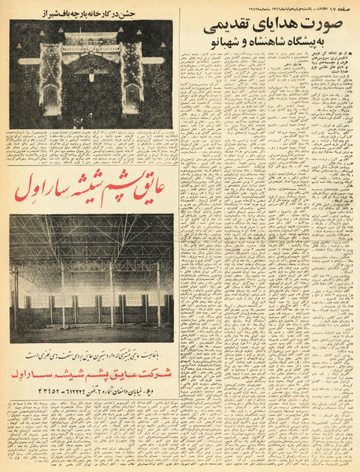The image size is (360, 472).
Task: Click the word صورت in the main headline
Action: [329, 26]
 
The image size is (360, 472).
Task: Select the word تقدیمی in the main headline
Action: [230, 26]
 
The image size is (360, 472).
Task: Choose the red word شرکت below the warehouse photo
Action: [154, 373]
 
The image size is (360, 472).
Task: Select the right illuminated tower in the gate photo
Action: [132, 79]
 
